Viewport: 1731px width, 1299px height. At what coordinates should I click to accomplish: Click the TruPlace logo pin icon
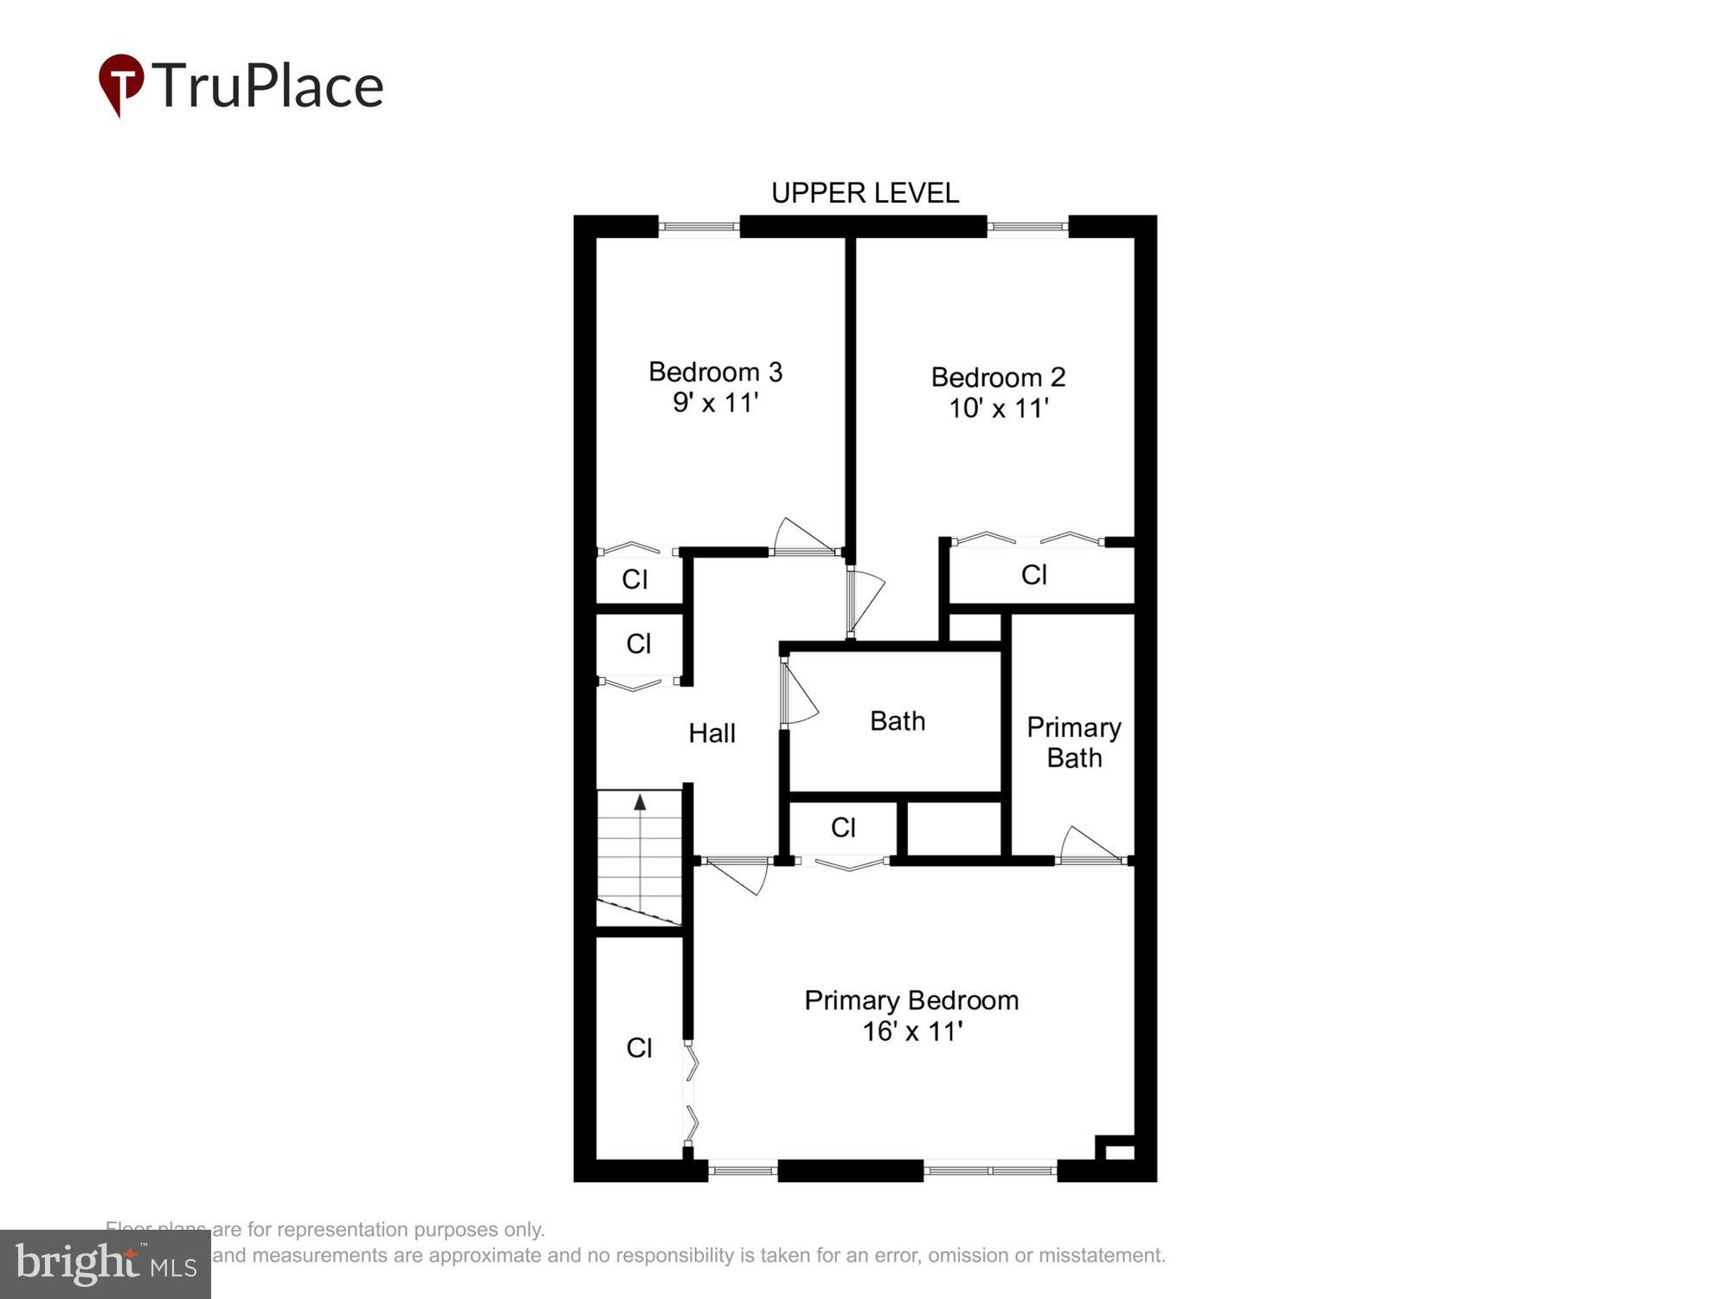[120, 84]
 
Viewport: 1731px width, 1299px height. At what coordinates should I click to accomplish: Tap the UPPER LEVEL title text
[865, 193]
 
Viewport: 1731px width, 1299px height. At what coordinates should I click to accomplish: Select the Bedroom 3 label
[715, 372]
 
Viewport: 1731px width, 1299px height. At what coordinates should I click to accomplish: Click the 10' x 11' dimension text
[998, 409]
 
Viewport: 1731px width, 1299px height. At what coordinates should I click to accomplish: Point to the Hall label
[711, 734]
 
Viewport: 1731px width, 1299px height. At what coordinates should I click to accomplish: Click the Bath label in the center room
[897, 721]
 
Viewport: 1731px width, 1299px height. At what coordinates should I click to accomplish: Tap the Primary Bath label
[1073, 742]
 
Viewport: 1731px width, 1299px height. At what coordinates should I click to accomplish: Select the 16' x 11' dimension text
[911, 1031]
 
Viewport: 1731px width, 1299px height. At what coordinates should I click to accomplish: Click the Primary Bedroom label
[911, 1000]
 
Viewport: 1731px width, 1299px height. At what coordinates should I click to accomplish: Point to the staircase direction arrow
[640, 803]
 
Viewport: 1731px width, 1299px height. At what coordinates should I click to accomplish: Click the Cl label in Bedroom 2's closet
[1034, 575]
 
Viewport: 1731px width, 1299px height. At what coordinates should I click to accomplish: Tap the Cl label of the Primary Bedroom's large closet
[639, 1048]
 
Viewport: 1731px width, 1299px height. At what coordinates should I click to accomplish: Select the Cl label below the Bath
[843, 828]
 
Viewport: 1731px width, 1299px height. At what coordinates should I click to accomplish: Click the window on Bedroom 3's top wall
[698, 227]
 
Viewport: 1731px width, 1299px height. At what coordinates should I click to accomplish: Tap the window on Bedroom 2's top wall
[1027, 227]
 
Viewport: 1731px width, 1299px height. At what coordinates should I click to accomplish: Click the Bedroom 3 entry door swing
[801, 537]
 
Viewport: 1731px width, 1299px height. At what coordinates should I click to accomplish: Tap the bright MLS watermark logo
[106, 1264]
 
